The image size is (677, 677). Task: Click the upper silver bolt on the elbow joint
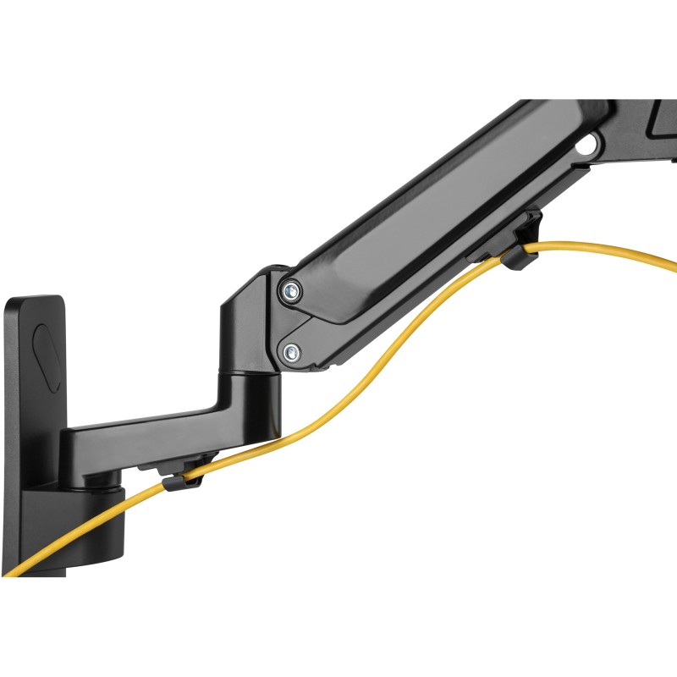[292, 290]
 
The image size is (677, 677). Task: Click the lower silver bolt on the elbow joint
[290, 350]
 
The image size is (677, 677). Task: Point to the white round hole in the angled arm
[584, 146]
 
